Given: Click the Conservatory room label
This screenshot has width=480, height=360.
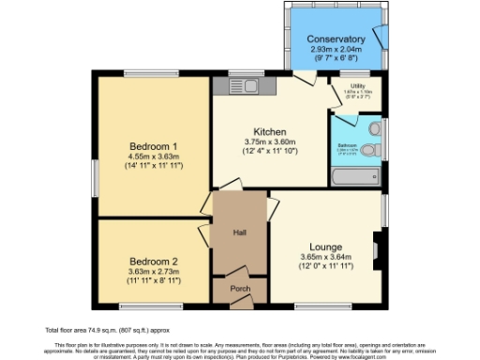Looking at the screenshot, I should pos(335,39).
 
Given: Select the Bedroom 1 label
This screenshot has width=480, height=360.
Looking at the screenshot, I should pos(154,145).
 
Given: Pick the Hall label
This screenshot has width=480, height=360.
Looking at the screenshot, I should pos(241,233).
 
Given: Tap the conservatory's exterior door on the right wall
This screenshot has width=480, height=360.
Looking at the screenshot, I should pos(381,37).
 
